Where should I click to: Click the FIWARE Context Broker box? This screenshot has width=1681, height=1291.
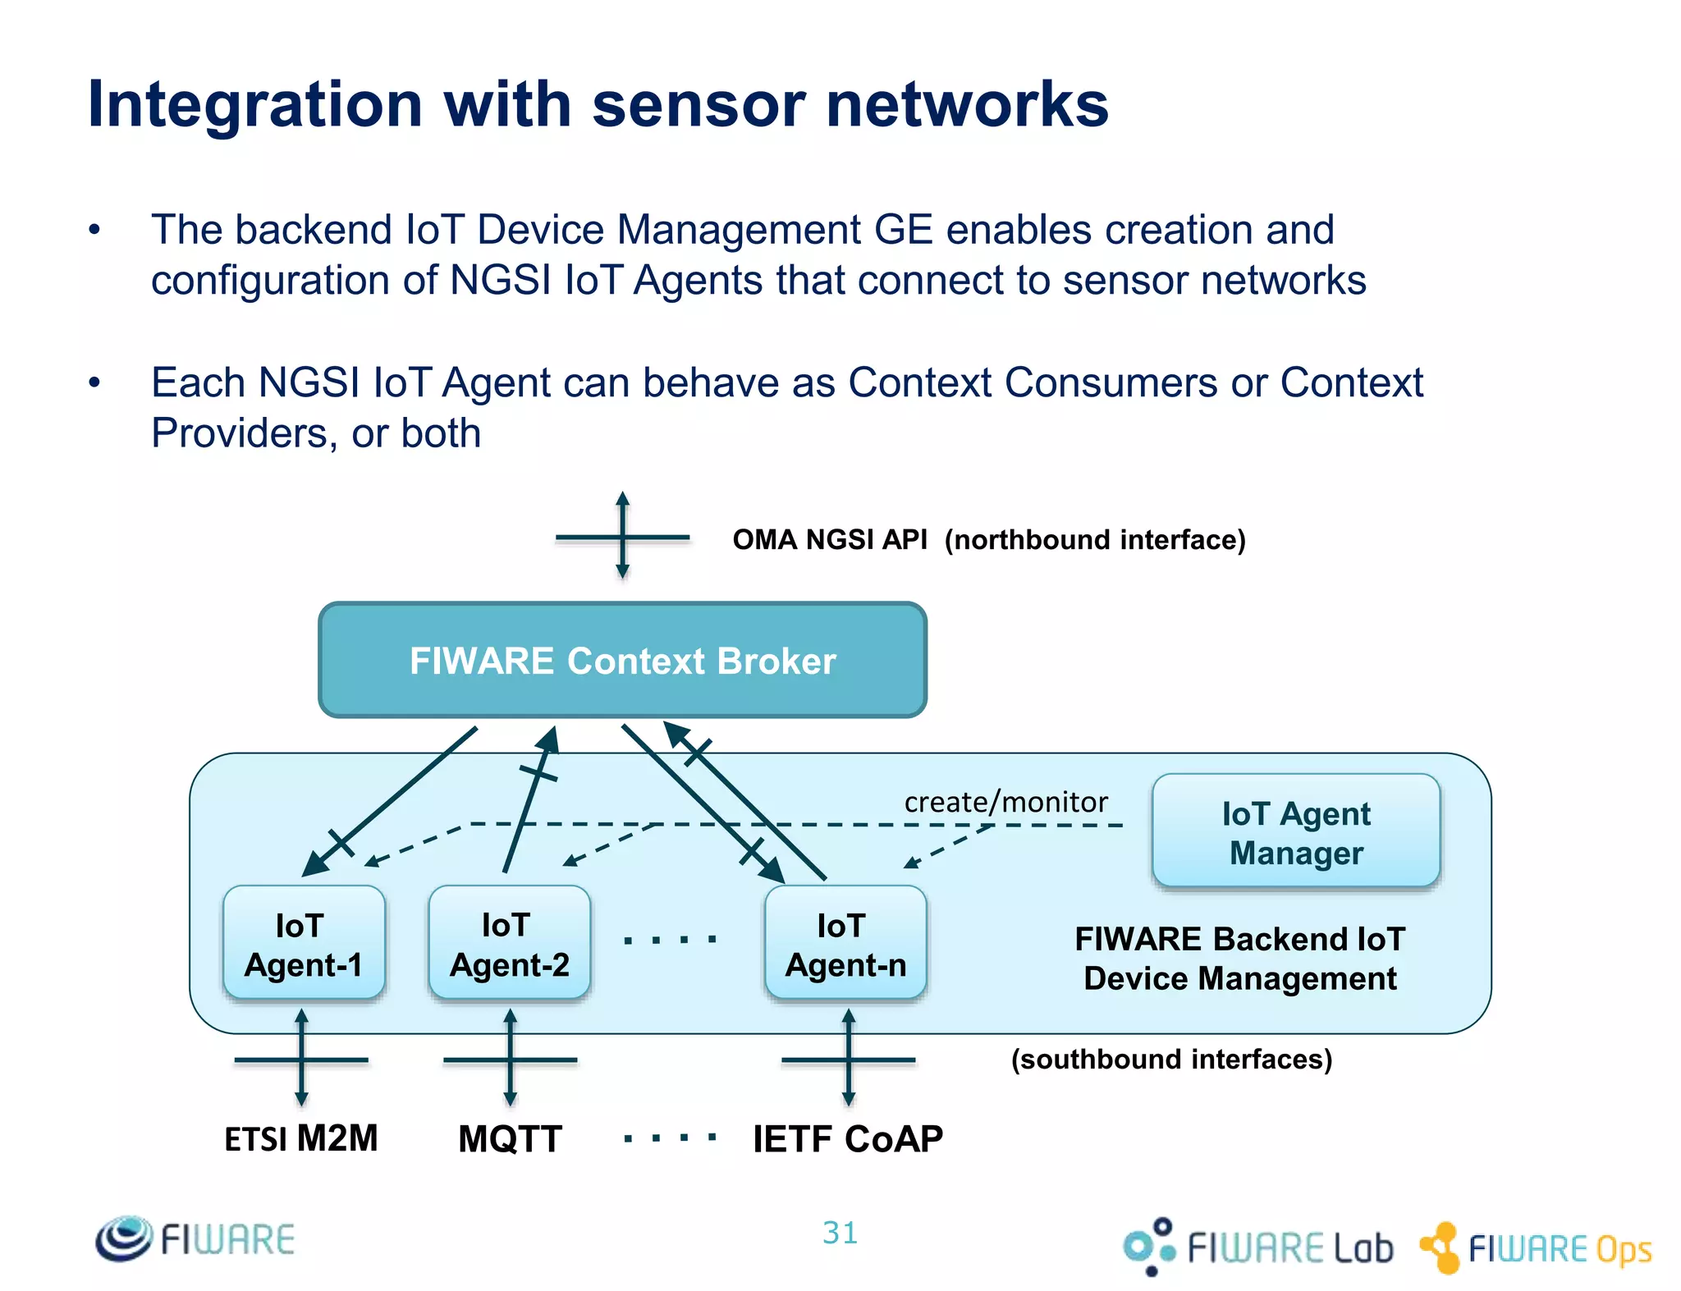[622, 661]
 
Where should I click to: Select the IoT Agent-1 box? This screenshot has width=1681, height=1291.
[303, 944]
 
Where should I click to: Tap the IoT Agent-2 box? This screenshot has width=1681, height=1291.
[509, 944]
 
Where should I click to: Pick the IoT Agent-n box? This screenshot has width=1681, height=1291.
[845, 944]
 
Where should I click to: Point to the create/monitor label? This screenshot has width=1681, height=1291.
[1005, 802]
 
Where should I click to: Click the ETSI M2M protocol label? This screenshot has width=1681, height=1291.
[300, 1139]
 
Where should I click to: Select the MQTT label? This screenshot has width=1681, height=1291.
[510, 1139]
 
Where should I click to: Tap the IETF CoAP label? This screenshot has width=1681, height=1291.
[847, 1139]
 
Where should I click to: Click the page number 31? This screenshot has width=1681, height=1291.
[840, 1233]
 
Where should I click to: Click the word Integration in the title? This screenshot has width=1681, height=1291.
[254, 105]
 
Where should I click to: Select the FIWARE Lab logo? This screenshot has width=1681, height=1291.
[1257, 1247]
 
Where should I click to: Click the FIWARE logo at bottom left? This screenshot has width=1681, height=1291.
[195, 1238]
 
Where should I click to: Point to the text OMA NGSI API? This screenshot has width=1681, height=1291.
[829, 540]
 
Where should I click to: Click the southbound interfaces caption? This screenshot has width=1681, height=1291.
[1171, 1059]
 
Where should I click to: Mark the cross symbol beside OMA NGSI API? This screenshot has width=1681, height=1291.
[622, 538]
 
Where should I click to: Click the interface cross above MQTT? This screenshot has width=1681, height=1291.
[510, 1060]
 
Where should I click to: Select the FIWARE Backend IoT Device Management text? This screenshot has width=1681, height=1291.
[1239, 959]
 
